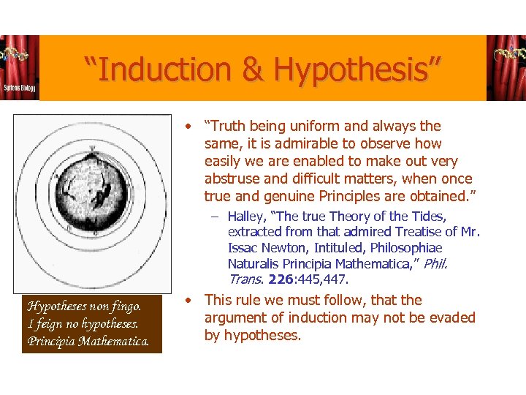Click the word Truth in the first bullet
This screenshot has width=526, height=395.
tap(228, 126)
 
